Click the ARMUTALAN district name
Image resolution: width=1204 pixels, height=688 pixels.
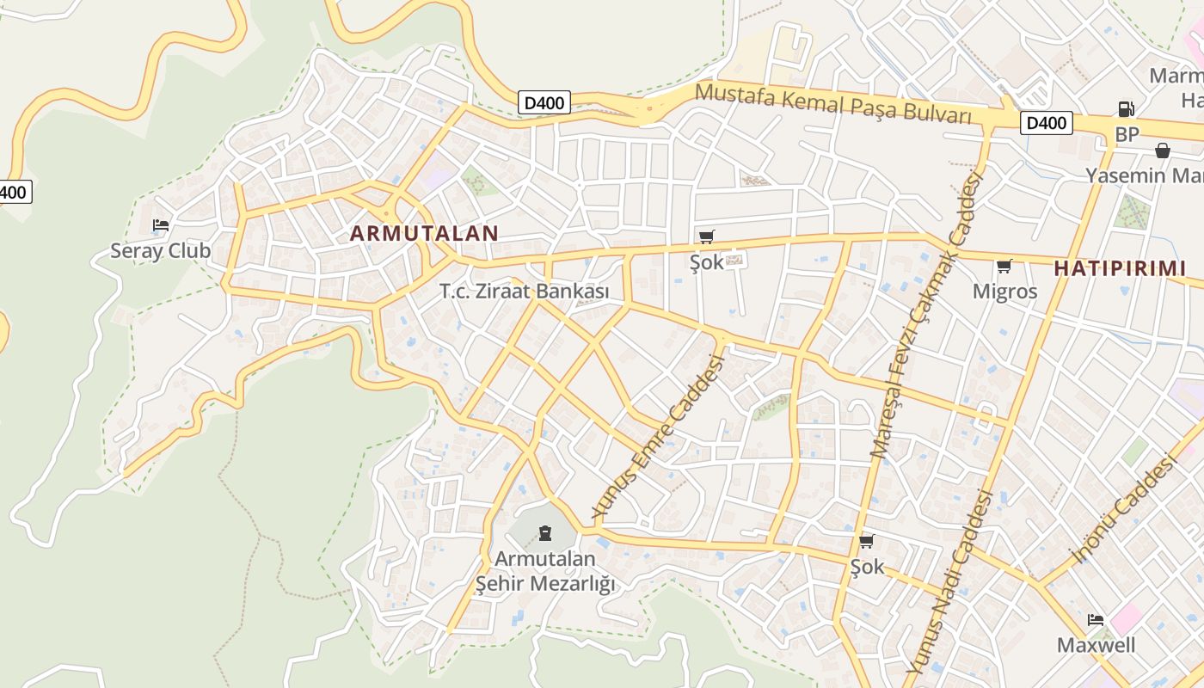pyautogui.click(x=424, y=233)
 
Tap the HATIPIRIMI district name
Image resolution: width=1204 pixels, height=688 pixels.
pyautogui.click(x=1120, y=268)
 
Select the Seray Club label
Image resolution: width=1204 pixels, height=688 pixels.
pyautogui.click(x=160, y=251)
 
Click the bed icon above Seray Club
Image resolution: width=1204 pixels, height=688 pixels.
pyautogui.click(x=160, y=225)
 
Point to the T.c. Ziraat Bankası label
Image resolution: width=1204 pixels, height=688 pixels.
pyautogui.click(x=525, y=292)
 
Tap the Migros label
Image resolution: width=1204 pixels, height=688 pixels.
pyautogui.click(x=1004, y=292)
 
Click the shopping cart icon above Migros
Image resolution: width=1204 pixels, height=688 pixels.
pyautogui.click(x=1004, y=266)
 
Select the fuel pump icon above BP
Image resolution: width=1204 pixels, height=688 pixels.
pyautogui.click(x=1126, y=109)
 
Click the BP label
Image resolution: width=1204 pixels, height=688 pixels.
pyautogui.click(x=1127, y=135)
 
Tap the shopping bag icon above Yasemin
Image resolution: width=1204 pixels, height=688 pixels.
pyautogui.click(x=1163, y=150)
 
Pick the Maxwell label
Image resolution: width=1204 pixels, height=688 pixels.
pyautogui.click(x=1096, y=645)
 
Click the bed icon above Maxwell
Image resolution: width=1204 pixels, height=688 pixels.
pyautogui.click(x=1096, y=619)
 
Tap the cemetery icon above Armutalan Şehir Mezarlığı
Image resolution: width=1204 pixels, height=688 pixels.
pyautogui.click(x=545, y=533)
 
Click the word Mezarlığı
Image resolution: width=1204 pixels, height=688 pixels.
pyautogui.click(x=572, y=584)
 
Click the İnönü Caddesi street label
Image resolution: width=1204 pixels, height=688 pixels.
pyautogui.click(x=1121, y=508)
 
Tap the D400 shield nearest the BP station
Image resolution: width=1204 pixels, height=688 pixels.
pyautogui.click(x=1047, y=123)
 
